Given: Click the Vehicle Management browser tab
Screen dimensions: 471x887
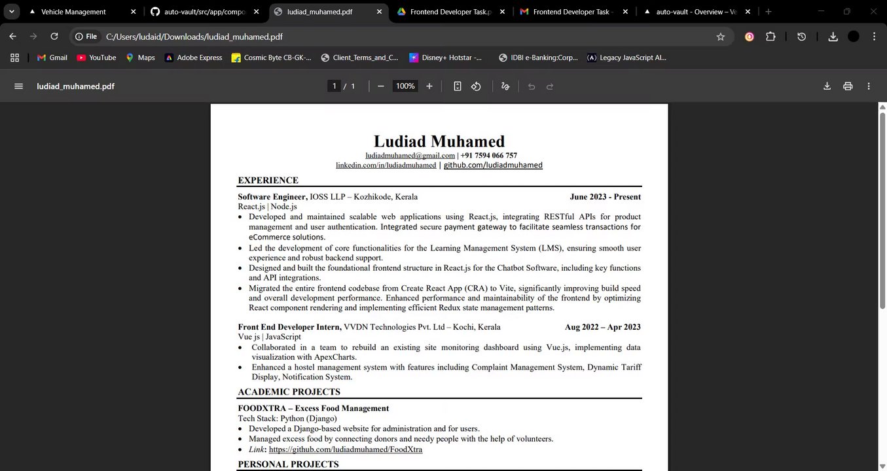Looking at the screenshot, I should (73, 12).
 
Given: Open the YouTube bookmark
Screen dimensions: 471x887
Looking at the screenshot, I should (96, 58).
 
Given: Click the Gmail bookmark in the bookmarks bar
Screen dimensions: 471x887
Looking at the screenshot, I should (52, 58).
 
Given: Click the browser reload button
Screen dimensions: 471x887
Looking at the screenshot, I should (54, 37).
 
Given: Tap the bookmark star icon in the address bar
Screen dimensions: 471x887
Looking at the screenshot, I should (721, 37).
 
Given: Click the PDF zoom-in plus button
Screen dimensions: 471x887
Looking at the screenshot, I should (429, 86).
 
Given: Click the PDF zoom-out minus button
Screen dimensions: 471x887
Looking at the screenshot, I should (381, 86).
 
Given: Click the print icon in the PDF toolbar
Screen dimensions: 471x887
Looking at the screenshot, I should (848, 86).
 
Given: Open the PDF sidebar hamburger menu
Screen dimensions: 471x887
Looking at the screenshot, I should (18, 86).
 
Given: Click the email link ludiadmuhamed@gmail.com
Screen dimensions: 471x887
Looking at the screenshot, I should (410, 156).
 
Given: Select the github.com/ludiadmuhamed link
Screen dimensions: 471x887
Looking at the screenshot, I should (493, 166).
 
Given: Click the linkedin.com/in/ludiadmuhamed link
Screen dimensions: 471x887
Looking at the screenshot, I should (386, 166).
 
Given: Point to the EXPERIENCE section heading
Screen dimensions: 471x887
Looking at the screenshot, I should (268, 181).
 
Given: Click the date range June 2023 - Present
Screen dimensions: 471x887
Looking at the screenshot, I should (605, 197).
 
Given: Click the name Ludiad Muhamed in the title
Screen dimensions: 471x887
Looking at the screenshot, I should (439, 141).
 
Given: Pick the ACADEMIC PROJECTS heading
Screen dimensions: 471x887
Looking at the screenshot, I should (289, 392).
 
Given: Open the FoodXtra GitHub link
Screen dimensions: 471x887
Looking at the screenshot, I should (345, 449).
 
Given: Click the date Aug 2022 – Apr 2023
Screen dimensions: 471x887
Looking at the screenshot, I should (602, 327).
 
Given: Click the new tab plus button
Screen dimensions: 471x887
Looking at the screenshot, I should (769, 12).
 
